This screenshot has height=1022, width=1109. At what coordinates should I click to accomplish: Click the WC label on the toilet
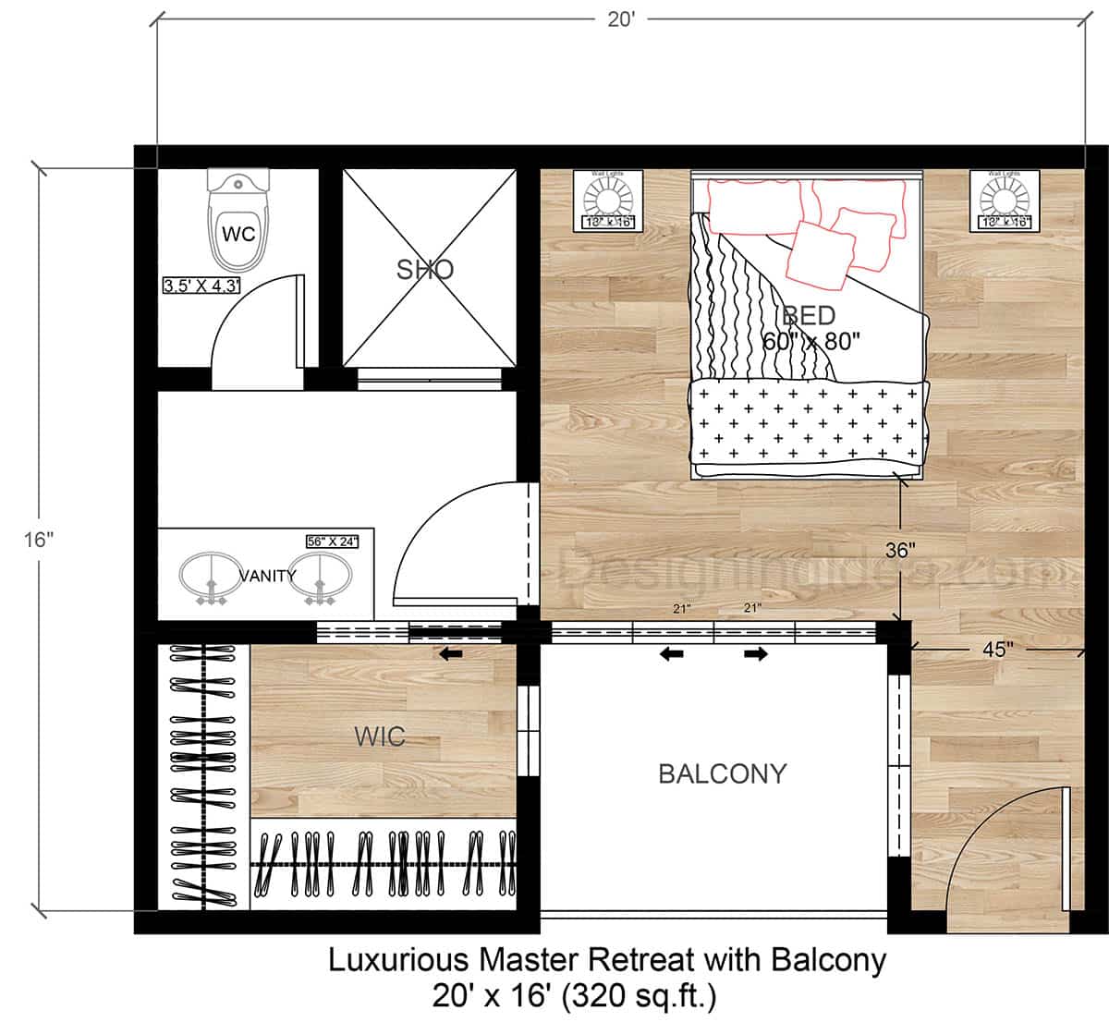tap(238, 234)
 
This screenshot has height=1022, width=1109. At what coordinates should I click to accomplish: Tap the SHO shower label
tap(425, 270)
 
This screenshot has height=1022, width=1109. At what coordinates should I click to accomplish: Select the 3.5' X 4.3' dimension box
tap(201, 286)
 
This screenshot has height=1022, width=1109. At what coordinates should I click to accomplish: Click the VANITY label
tap(268, 576)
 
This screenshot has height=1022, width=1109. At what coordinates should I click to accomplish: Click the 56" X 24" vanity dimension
tap(332, 541)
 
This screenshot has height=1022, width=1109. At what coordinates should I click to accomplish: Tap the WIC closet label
tap(380, 736)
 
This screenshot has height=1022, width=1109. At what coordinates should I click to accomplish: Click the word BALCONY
tap(722, 773)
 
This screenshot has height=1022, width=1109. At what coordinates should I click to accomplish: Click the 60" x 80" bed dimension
tap(811, 340)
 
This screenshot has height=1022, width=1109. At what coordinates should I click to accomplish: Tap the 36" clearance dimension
tap(900, 551)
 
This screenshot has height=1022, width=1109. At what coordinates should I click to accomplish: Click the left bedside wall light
tap(607, 199)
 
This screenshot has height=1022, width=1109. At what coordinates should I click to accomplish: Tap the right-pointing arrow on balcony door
tap(755, 654)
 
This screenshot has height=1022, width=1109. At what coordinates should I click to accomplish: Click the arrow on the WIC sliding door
tap(451, 654)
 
